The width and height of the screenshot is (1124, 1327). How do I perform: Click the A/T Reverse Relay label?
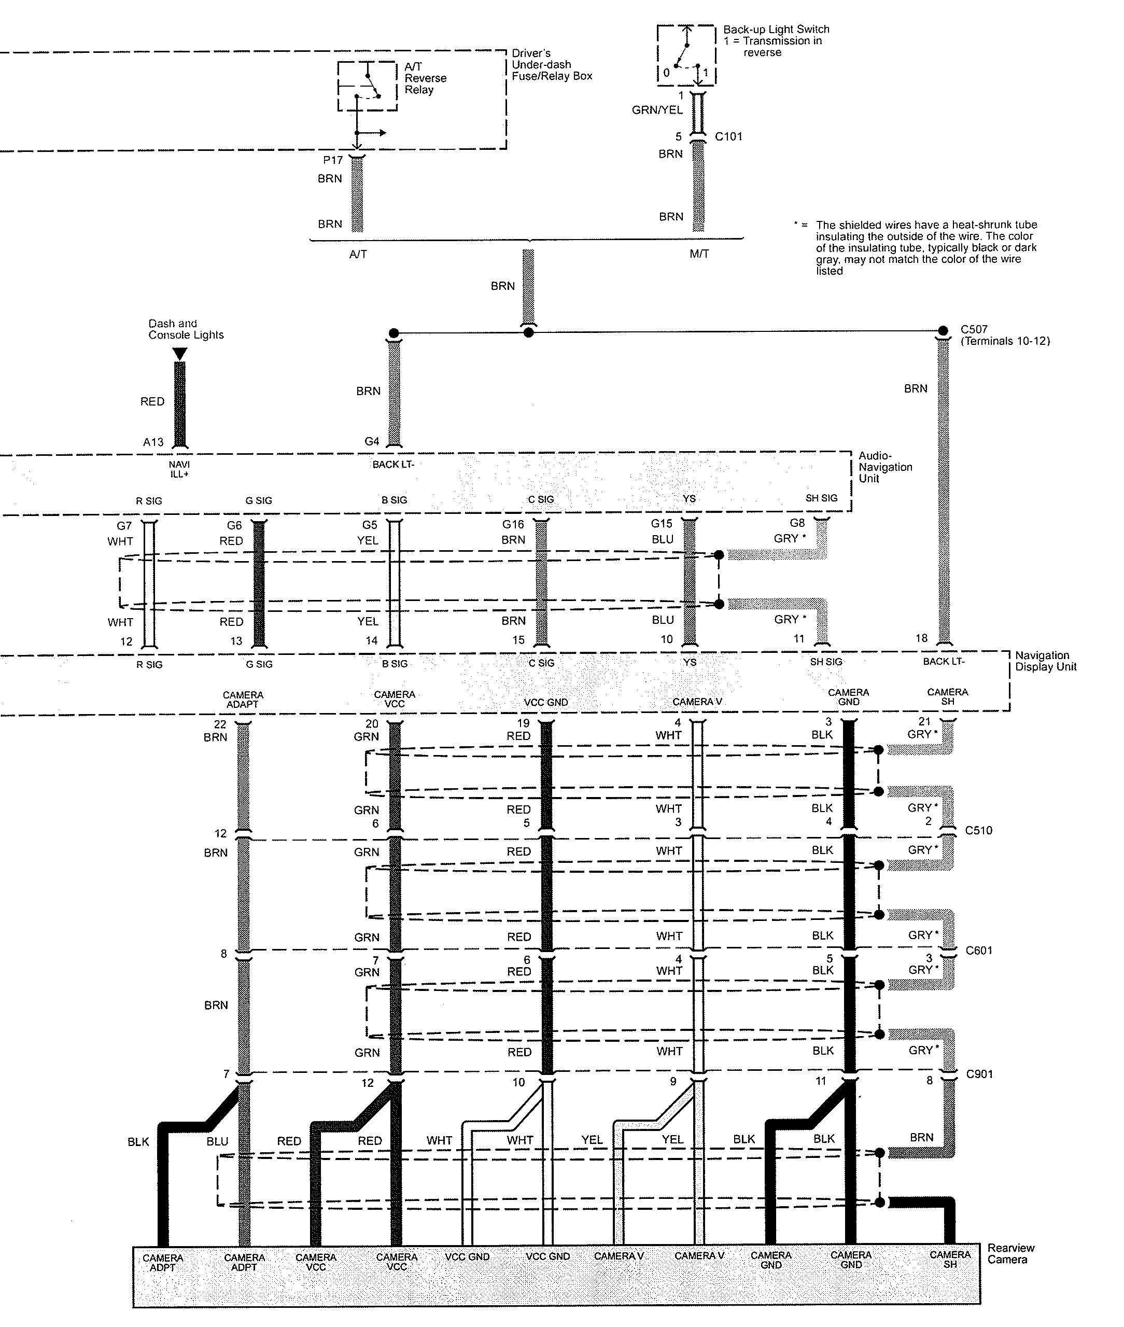[x=425, y=78]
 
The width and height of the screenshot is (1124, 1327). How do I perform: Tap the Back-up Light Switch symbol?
[x=686, y=56]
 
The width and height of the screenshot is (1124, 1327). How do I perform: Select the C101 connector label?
[x=728, y=136]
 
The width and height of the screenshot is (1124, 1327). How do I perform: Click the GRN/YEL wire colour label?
[x=657, y=110]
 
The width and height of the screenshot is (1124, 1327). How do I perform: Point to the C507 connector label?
[x=974, y=329]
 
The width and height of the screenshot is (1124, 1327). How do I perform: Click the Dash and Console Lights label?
[x=186, y=329]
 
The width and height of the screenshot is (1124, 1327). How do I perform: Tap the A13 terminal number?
[x=153, y=442]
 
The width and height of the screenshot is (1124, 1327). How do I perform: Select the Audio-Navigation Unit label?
[x=885, y=467]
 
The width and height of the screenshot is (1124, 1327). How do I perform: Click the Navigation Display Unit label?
[x=1045, y=661]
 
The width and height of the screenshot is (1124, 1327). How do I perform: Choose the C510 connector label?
[x=978, y=831]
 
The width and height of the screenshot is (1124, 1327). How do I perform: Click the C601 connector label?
[x=979, y=951]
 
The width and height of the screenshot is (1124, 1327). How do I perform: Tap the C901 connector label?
[x=979, y=1074]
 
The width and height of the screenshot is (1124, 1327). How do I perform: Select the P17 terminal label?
[x=333, y=161]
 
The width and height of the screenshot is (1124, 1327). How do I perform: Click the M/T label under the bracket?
[x=699, y=254]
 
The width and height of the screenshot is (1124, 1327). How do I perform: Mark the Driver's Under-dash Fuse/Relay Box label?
[x=552, y=64]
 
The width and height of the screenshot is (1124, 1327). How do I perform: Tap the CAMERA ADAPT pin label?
[x=243, y=699]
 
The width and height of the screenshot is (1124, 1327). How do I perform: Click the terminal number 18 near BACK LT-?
[x=921, y=638]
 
